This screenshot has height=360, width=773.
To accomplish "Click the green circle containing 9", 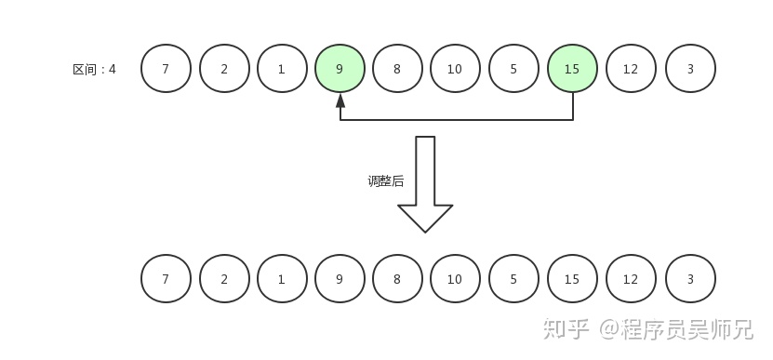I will (340, 69).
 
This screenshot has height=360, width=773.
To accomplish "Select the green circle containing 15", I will (572, 69).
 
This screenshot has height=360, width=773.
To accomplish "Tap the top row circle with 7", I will (166, 69).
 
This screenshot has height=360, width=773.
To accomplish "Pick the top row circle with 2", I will (224, 69).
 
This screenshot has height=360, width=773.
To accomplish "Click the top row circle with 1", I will (282, 69).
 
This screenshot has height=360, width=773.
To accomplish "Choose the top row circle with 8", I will (397, 69).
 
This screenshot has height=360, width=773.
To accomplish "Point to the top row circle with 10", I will (455, 69).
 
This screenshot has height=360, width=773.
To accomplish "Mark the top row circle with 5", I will (513, 69).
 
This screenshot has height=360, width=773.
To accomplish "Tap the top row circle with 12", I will (631, 69).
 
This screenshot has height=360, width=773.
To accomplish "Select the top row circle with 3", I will (690, 69).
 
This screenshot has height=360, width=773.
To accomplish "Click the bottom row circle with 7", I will (166, 278).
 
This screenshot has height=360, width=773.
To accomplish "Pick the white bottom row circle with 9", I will (340, 278).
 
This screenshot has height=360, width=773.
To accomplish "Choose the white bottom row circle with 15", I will (572, 278).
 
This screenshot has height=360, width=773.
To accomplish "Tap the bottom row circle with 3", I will (690, 278).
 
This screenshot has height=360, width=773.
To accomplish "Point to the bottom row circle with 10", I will (455, 278).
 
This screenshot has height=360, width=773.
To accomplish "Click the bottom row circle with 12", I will (631, 278).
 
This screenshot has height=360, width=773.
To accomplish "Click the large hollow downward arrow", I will (425, 186).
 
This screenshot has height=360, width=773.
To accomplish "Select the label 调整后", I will (386, 181).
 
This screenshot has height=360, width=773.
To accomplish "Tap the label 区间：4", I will (94, 69).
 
